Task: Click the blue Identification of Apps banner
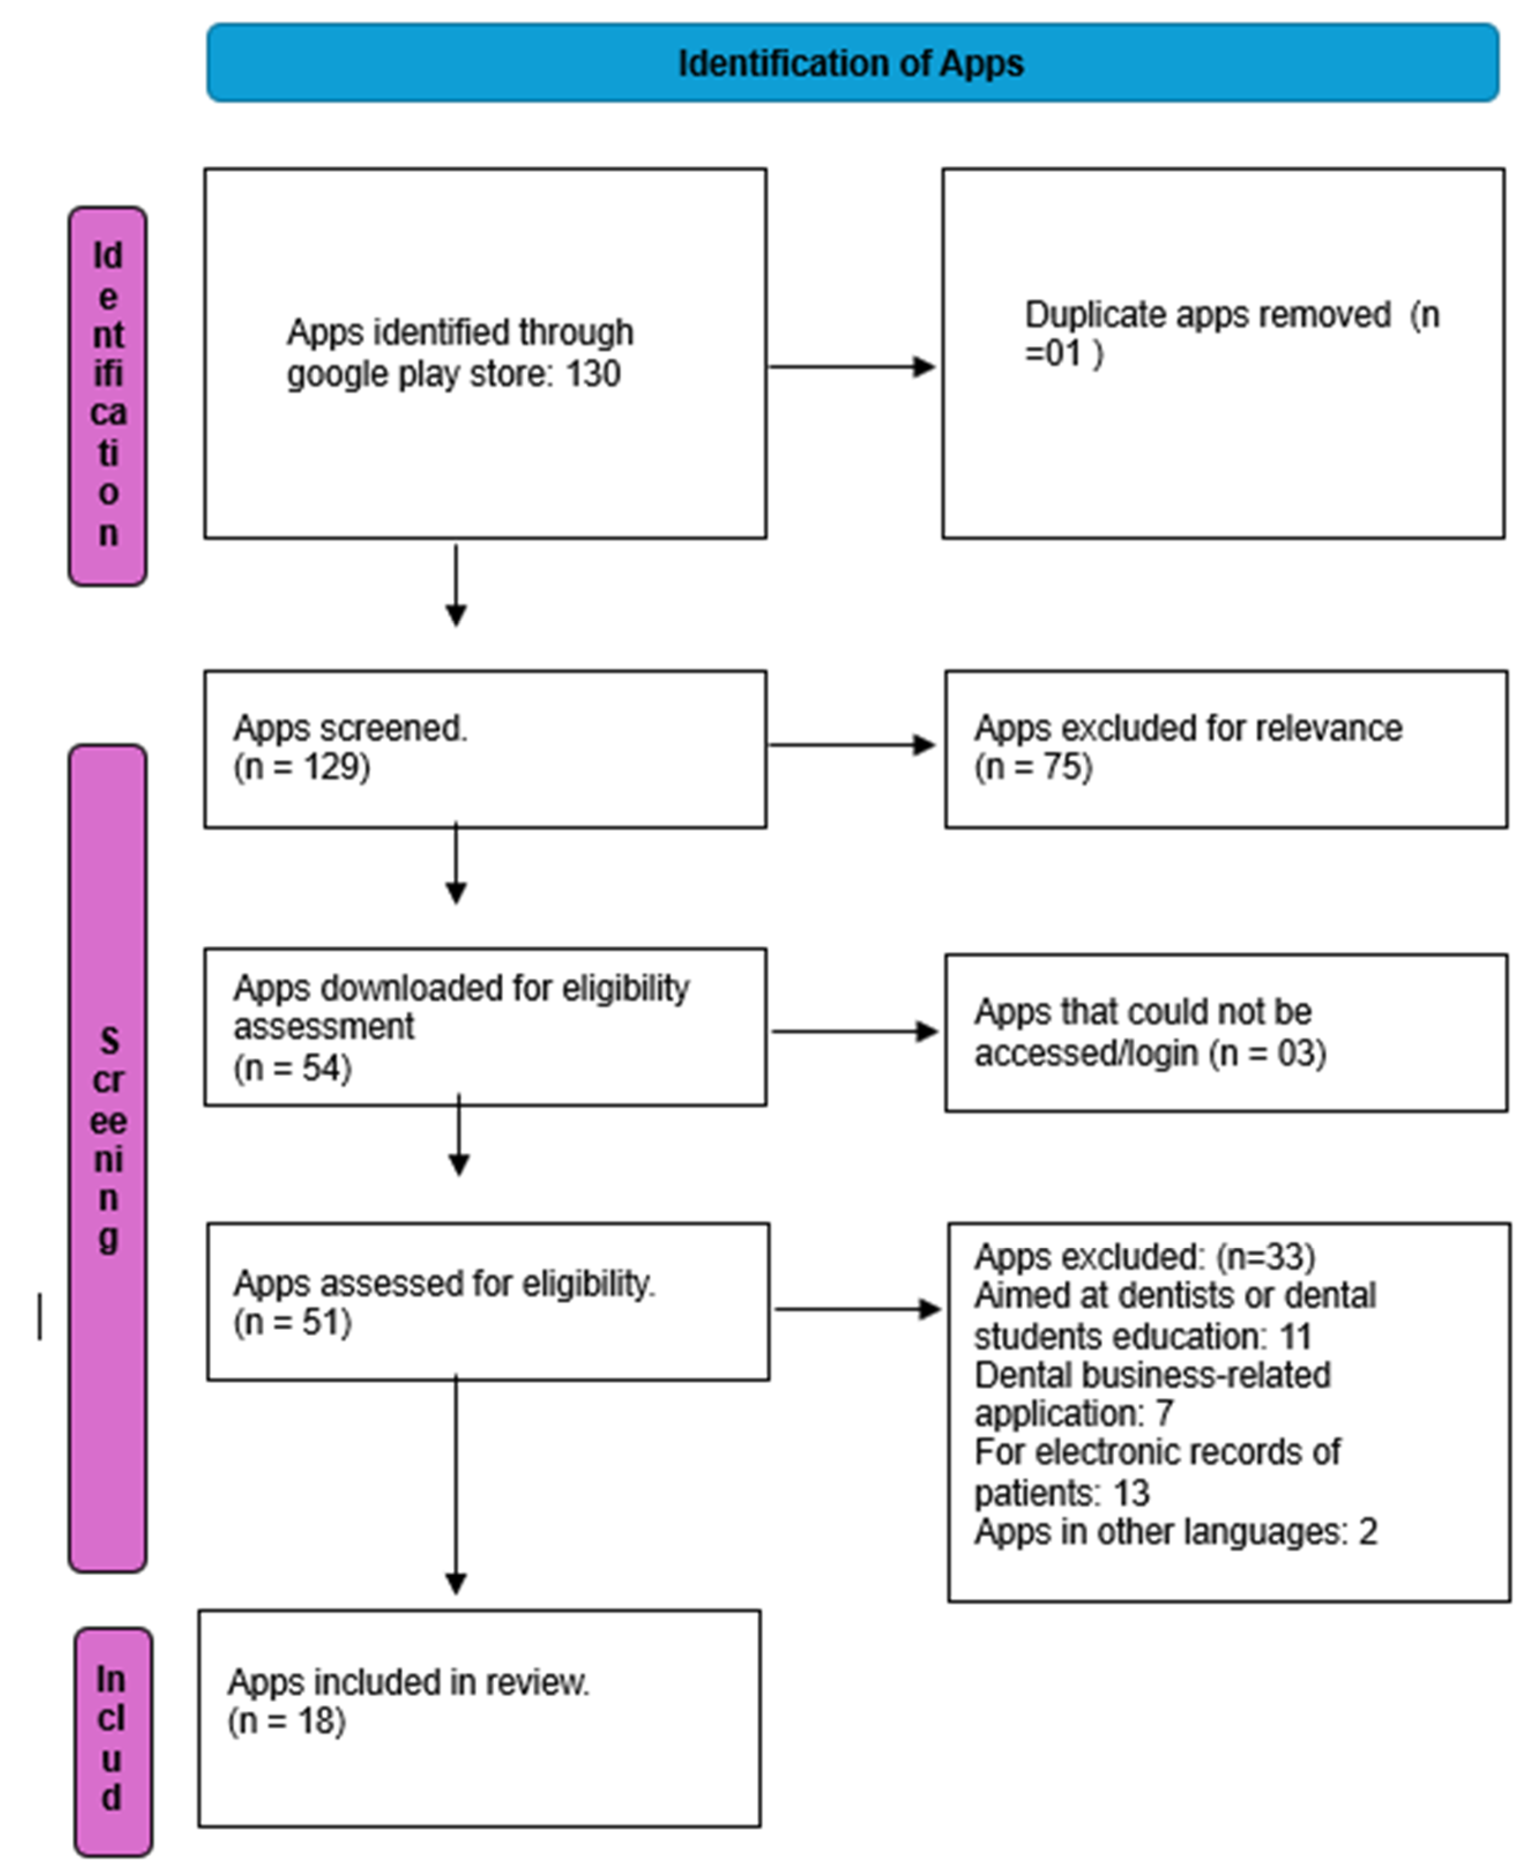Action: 852,63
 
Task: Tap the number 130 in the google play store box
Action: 593,374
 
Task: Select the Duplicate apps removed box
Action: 1223,352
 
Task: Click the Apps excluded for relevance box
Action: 1225,749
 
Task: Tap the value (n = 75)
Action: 1033,767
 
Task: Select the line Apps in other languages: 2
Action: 1175,1532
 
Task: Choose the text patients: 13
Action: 1062,1493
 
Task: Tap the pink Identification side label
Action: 108,395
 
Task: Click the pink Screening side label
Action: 108,1143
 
